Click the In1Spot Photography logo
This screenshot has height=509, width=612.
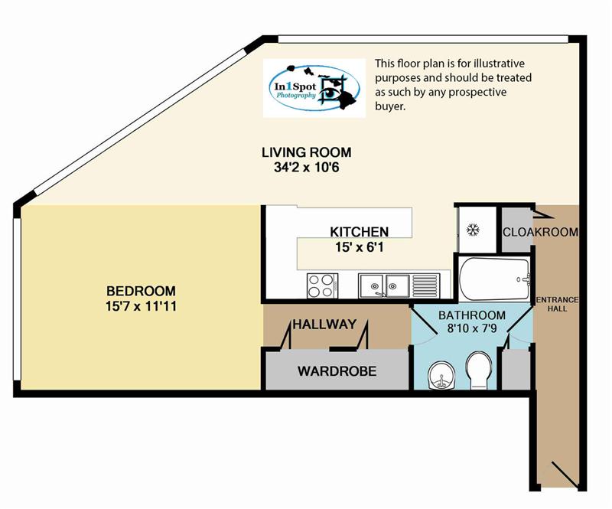click(x=314, y=88)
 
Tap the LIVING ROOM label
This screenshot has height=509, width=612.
click(x=307, y=152)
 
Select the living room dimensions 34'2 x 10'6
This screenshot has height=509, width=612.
click(x=307, y=168)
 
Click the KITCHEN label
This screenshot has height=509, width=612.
click(x=359, y=232)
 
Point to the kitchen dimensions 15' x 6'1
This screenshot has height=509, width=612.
click(x=359, y=247)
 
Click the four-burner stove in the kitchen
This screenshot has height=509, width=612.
click(x=322, y=285)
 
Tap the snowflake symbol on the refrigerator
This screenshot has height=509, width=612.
click(x=474, y=230)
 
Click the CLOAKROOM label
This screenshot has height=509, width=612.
click(x=540, y=232)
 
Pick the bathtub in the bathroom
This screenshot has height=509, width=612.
click(x=494, y=279)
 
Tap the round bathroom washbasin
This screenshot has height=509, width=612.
click(x=441, y=375)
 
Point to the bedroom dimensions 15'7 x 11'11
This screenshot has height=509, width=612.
click(x=141, y=306)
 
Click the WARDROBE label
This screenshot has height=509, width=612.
click(x=337, y=370)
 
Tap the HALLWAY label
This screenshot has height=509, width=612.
click(x=324, y=325)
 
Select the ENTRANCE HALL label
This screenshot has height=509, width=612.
click(x=558, y=304)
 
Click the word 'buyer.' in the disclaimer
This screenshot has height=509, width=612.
click(x=390, y=106)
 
